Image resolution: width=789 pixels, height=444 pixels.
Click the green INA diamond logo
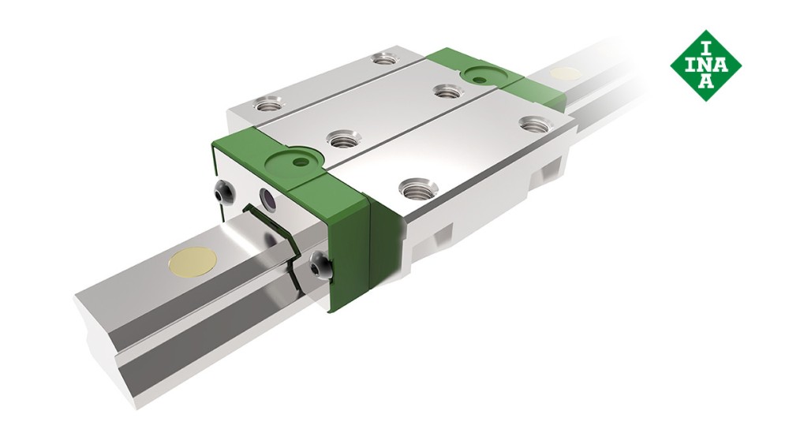point(705,65)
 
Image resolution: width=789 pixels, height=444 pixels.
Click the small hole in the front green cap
point(298,163)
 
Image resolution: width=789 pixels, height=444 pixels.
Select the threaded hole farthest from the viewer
point(384,58)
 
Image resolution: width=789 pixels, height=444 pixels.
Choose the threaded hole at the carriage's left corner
point(266,103)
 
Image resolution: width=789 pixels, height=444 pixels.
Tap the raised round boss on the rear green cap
point(481,75)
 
